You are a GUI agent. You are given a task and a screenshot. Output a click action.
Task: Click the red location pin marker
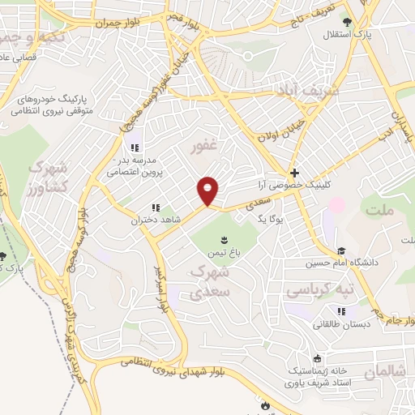(x=208, y=190)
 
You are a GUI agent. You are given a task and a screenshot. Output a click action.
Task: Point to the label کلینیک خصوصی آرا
(x=297, y=185)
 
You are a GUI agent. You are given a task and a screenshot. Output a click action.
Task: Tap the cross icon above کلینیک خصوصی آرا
(x=294, y=173)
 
